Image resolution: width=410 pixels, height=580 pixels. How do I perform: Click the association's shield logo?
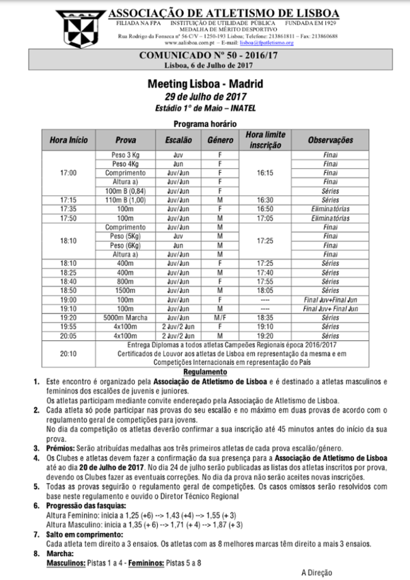click(83, 25)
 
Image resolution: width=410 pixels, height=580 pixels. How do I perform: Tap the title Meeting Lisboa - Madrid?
click(204, 85)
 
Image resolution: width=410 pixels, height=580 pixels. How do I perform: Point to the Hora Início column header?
click(69, 140)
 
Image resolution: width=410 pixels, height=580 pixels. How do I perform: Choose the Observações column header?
click(330, 140)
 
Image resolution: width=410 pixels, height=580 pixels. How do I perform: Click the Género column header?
click(220, 140)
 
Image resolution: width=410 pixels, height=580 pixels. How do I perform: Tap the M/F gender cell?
click(220, 318)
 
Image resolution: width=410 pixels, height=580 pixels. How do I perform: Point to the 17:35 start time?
click(68, 209)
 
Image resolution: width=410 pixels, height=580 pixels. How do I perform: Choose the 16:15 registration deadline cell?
click(264, 174)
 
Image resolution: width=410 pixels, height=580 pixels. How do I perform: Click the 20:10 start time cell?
click(68, 354)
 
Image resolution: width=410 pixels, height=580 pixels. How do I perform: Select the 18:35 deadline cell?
click(264, 318)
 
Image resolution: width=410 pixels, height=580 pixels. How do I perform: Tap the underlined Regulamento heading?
click(204, 372)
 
